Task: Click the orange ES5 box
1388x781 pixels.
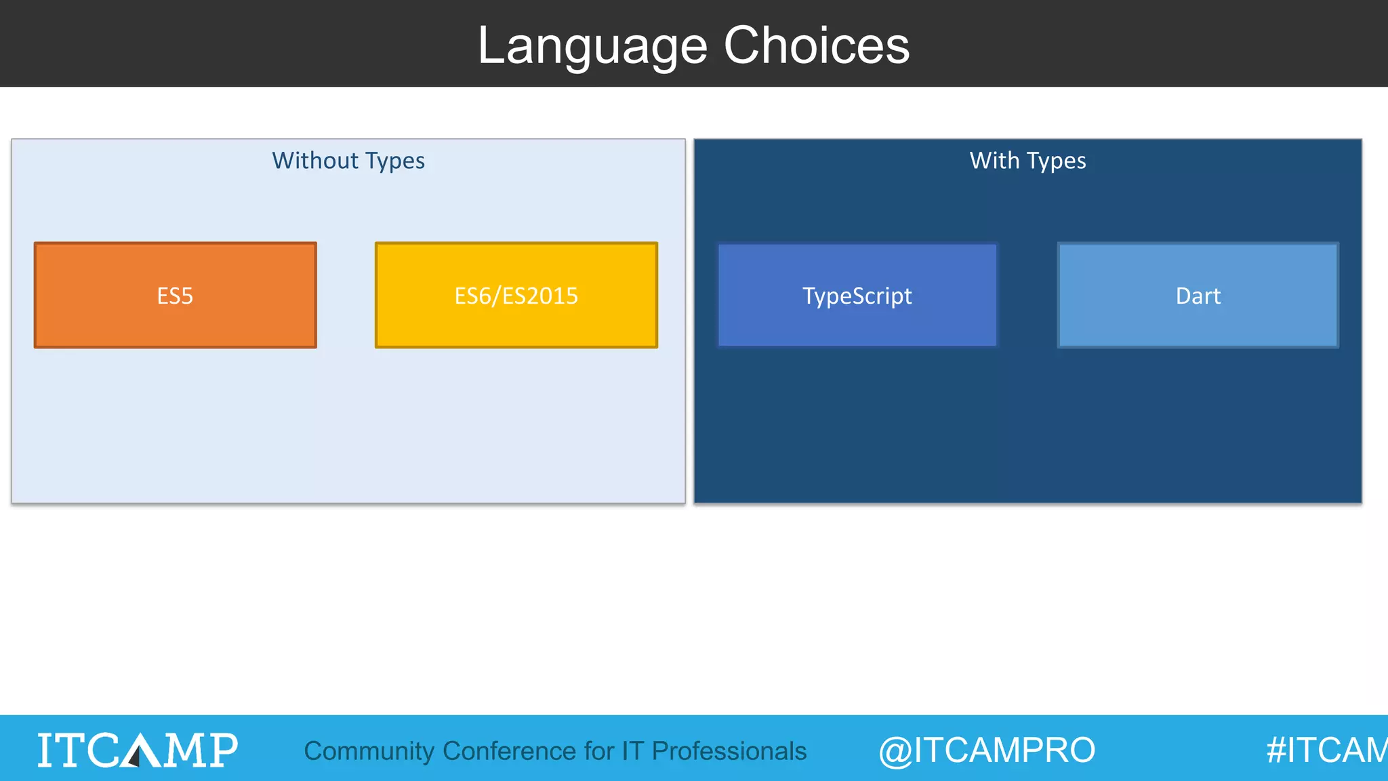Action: (x=175, y=296)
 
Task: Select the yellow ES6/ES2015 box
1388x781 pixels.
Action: (x=516, y=296)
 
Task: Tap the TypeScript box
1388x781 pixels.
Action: (x=857, y=296)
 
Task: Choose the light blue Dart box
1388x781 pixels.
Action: (x=1198, y=296)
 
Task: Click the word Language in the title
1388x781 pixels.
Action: (x=592, y=46)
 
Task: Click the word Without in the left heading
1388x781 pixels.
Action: (x=314, y=161)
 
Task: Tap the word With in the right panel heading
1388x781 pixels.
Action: (x=994, y=161)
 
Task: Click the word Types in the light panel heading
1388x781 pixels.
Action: (x=394, y=161)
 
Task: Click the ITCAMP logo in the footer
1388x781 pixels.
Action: (x=138, y=749)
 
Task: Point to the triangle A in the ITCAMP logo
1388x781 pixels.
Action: (x=140, y=750)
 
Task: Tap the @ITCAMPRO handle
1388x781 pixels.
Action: (x=987, y=750)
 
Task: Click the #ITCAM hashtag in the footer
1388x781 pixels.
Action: (x=1326, y=750)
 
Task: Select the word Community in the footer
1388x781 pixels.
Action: (x=369, y=751)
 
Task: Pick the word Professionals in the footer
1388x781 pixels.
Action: (x=729, y=751)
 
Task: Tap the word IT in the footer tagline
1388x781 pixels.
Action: (x=632, y=751)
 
